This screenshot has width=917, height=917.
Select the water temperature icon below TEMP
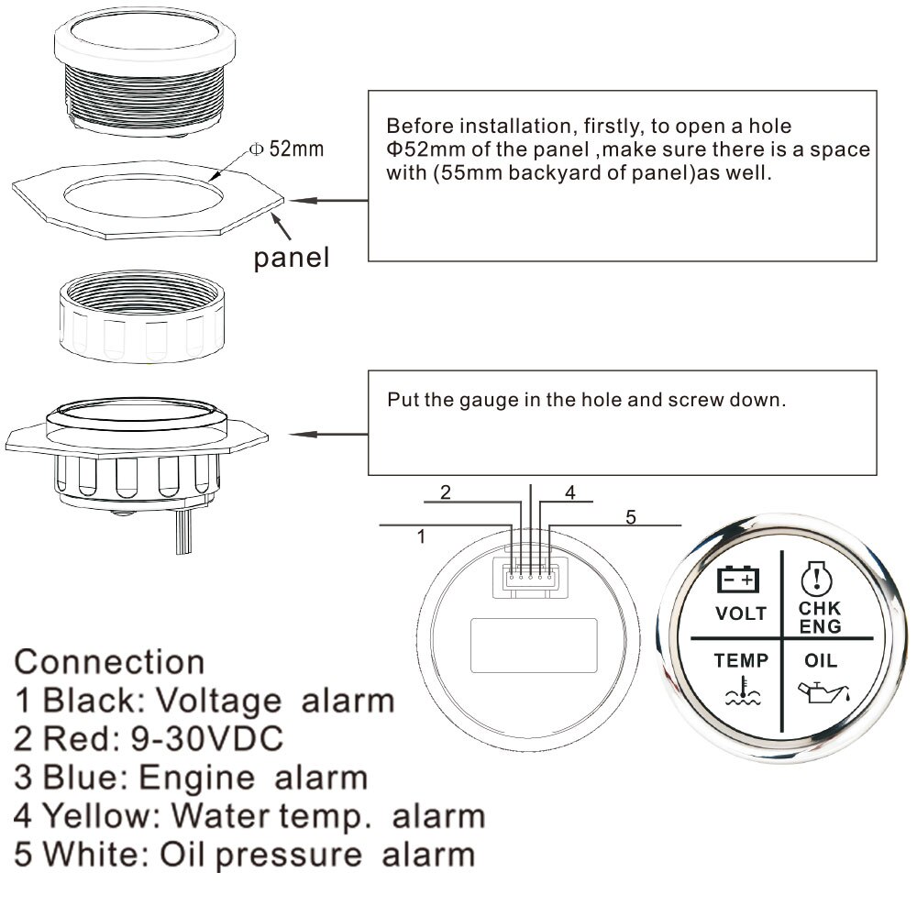[741, 691]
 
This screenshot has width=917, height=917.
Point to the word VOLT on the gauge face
[740, 613]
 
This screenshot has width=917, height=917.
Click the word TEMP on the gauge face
[741, 659]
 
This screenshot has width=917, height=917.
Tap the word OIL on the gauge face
[820, 659]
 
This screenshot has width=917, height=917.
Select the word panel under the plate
[291, 258]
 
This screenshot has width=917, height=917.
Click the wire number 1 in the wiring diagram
[421, 537]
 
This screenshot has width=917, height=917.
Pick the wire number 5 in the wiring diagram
[630, 517]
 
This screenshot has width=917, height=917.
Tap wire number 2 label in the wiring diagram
[446, 492]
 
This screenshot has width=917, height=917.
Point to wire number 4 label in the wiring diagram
[569, 493]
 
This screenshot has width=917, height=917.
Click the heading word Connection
[110, 661]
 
